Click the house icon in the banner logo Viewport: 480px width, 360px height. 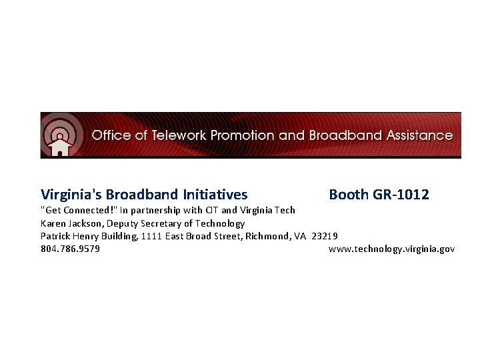click(x=60, y=144)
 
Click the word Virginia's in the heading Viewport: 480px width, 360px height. click(x=71, y=195)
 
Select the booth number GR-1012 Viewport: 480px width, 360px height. click(x=401, y=195)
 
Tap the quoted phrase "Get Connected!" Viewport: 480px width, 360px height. click(x=79, y=211)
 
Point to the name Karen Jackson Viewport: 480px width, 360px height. click(x=70, y=223)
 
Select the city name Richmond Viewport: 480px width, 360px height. click(x=267, y=236)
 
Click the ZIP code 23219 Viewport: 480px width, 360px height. click(x=325, y=236)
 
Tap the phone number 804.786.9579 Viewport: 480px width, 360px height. click(x=71, y=249)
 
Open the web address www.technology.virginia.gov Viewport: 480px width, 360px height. click(x=392, y=249)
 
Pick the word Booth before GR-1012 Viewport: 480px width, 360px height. click(x=349, y=195)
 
